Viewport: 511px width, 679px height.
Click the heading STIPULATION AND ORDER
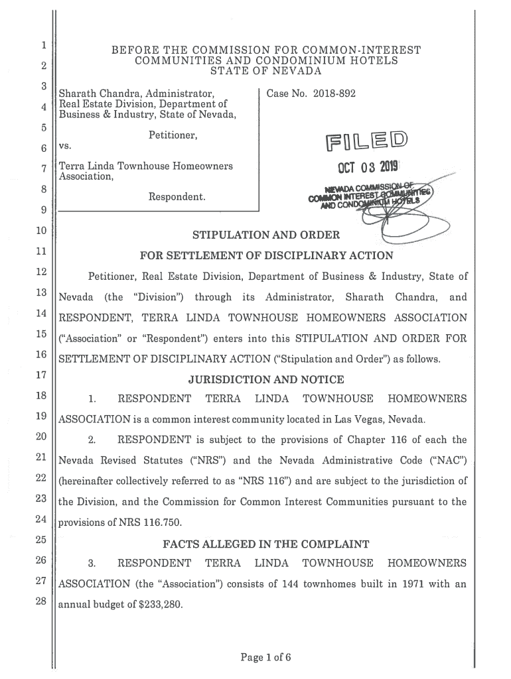click(265, 234)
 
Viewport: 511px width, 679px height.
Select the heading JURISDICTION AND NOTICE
click(265, 379)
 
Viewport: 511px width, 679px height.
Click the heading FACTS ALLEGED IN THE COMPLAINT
click(265, 544)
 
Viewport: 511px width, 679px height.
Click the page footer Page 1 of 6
click(265, 658)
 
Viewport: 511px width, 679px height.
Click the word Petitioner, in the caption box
click(174, 136)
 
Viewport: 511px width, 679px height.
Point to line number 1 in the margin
click(42, 46)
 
